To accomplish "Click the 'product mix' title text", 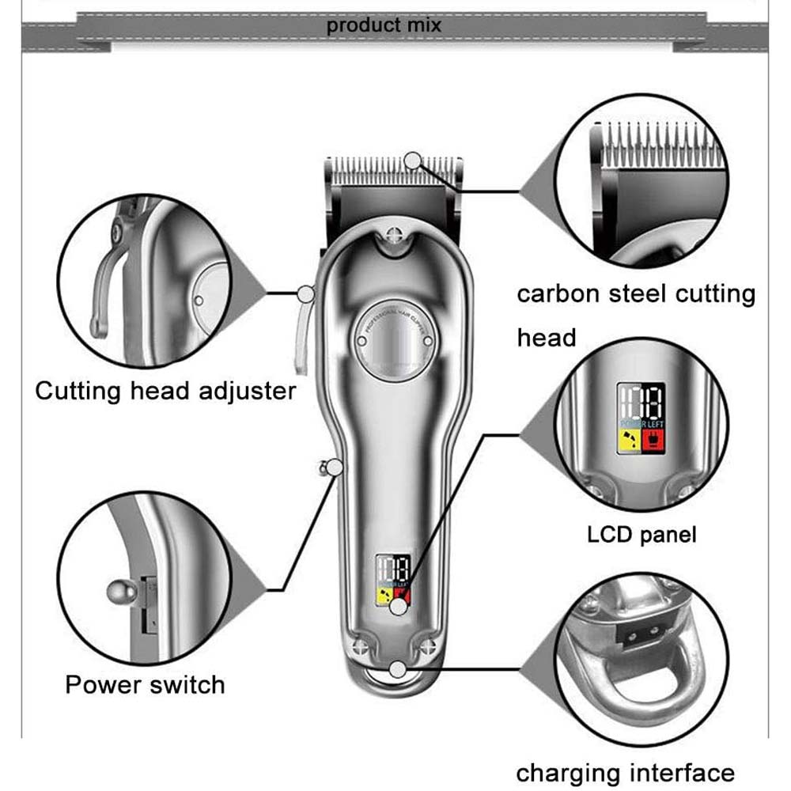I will (384, 25).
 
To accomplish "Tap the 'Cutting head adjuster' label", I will (165, 391).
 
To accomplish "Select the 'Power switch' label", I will (145, 683).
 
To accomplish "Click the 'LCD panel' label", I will (642, 535).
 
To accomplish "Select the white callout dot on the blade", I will (412, 161).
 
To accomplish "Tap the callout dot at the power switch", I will (335, 468).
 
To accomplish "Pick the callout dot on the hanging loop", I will (398, 670).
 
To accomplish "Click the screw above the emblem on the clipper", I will (393, 234).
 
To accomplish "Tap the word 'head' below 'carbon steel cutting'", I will (546, 338).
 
